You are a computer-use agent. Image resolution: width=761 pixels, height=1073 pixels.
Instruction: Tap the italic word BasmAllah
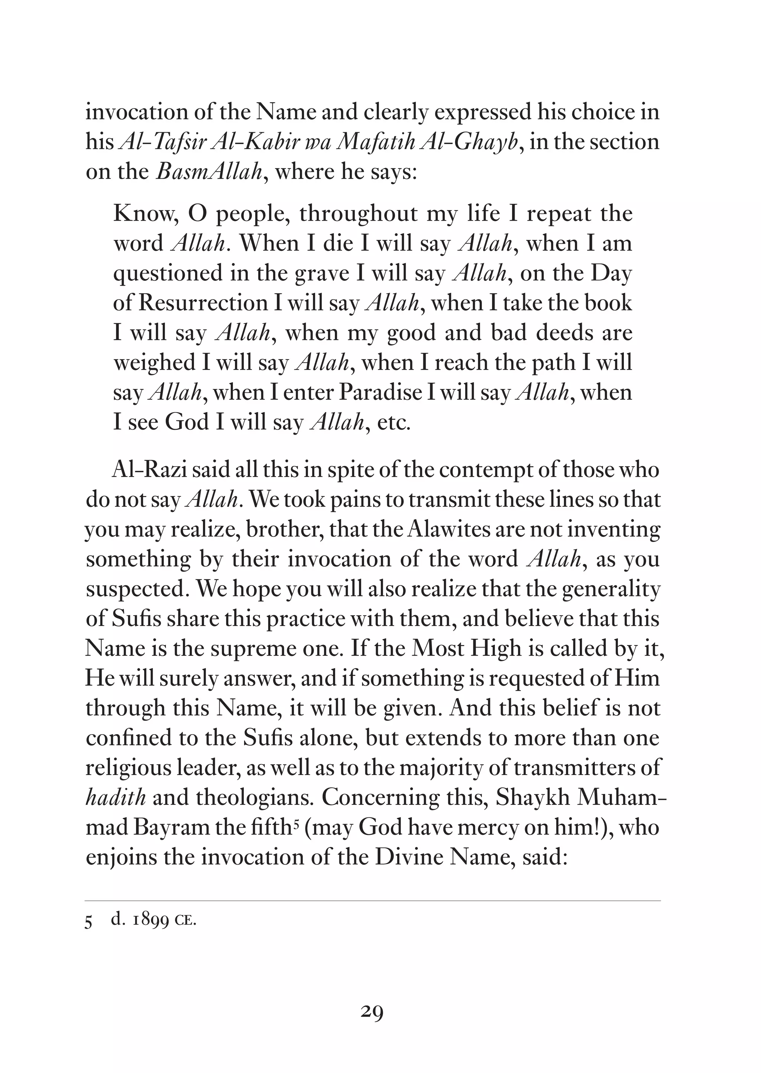click(209, 172)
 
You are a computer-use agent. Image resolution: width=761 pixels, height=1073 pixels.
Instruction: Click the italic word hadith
click(116, 797)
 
